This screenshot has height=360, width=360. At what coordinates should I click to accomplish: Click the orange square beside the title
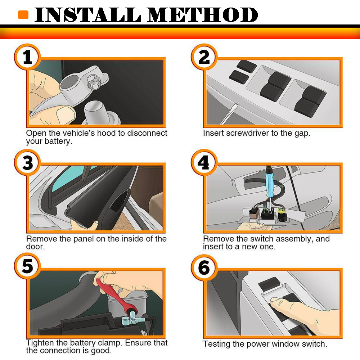pyautogui.click(x=23, y=15)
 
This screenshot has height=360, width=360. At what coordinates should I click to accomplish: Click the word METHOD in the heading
pyautogui.click(x=202, y=15)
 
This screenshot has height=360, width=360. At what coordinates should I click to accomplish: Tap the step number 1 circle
pyautogui.click(x=28, y=57)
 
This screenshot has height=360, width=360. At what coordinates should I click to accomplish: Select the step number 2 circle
pyautogui.click(x=204, y=57)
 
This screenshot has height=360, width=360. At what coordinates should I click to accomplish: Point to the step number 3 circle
pyautogui.click(x=28, y=163)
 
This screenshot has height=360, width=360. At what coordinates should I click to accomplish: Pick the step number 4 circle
pyautogui.click(x=204, y=163)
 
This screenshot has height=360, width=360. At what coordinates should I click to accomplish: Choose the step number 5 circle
pyautogui.click(x=28, y=266)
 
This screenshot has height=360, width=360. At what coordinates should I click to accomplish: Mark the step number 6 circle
pyautogui.click(x=204, y=267)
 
